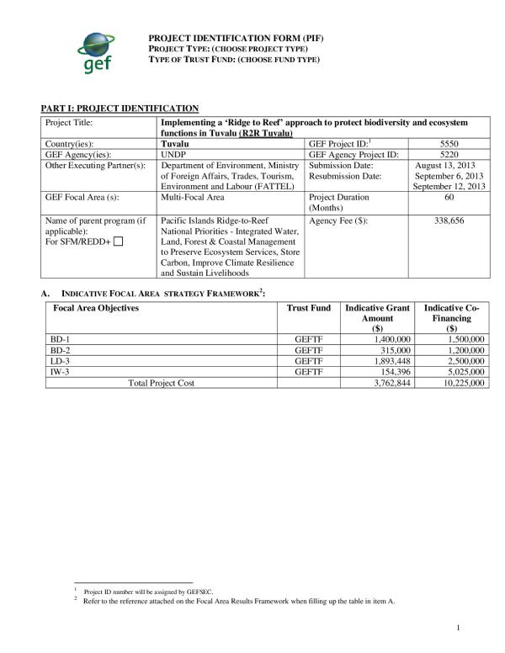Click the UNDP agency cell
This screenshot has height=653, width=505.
[x=173, y=155]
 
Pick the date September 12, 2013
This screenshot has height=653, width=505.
[x=450, y=187]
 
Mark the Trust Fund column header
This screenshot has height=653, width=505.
[x=308, y=309]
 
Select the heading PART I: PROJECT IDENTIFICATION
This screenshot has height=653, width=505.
[x=120, y=109]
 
